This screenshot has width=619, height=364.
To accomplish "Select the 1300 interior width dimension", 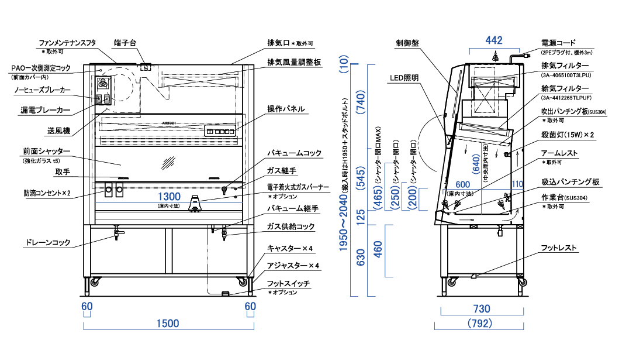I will tap(168, 195).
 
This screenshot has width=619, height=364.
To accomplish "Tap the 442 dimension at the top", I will tap(494, 40).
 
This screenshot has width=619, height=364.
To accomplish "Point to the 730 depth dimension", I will tap(480, 308).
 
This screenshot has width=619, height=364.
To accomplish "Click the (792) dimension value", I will tap(480, 323).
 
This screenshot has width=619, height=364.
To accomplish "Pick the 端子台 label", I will tap(126, 43).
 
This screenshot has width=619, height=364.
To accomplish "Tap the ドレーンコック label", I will tap(47, 242).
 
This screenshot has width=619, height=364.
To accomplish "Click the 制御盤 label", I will tap(407, 43).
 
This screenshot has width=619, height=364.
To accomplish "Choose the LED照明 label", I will tap(404, 77).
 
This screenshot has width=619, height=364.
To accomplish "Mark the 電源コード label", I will tap(558, 43).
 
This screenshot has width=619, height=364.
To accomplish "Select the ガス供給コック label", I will tap(291, 226).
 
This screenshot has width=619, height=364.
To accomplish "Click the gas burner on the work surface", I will tap(196, 204).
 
